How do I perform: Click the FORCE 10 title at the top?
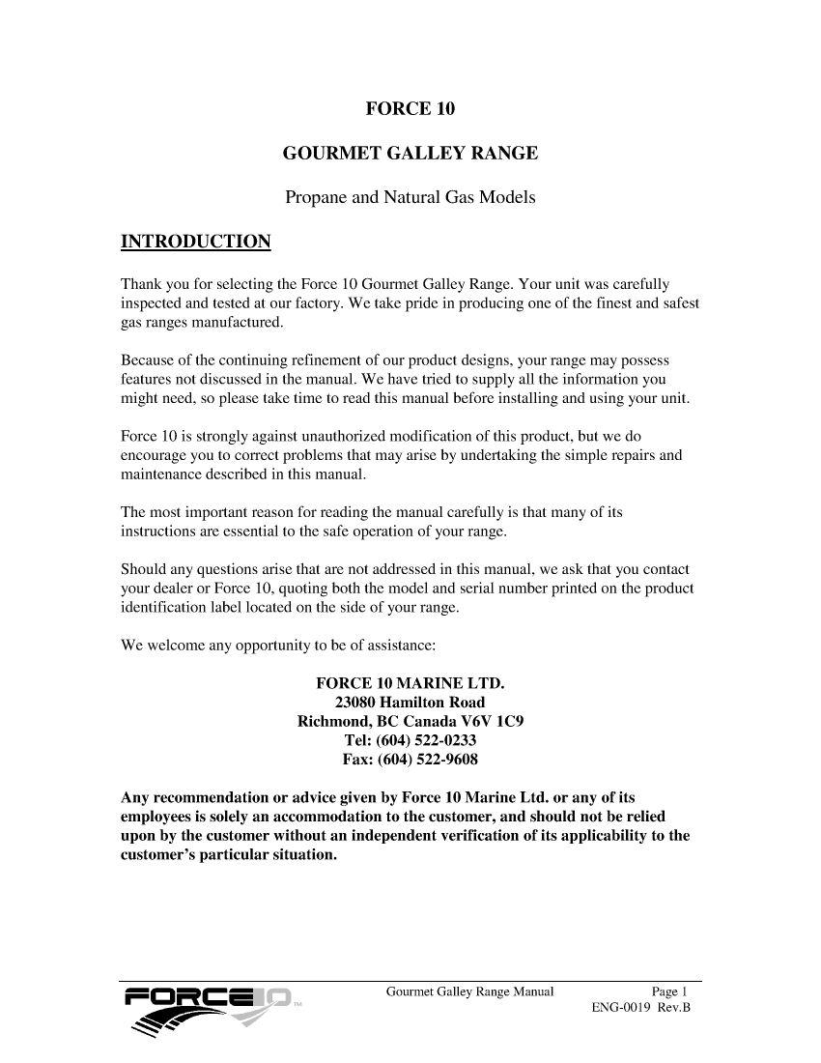point(410,108)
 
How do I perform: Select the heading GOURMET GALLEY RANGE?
point(410,154)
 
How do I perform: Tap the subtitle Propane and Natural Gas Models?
point(410,199)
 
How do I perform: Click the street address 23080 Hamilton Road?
point(410,703)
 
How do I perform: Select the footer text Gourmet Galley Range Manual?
point(469,991)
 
